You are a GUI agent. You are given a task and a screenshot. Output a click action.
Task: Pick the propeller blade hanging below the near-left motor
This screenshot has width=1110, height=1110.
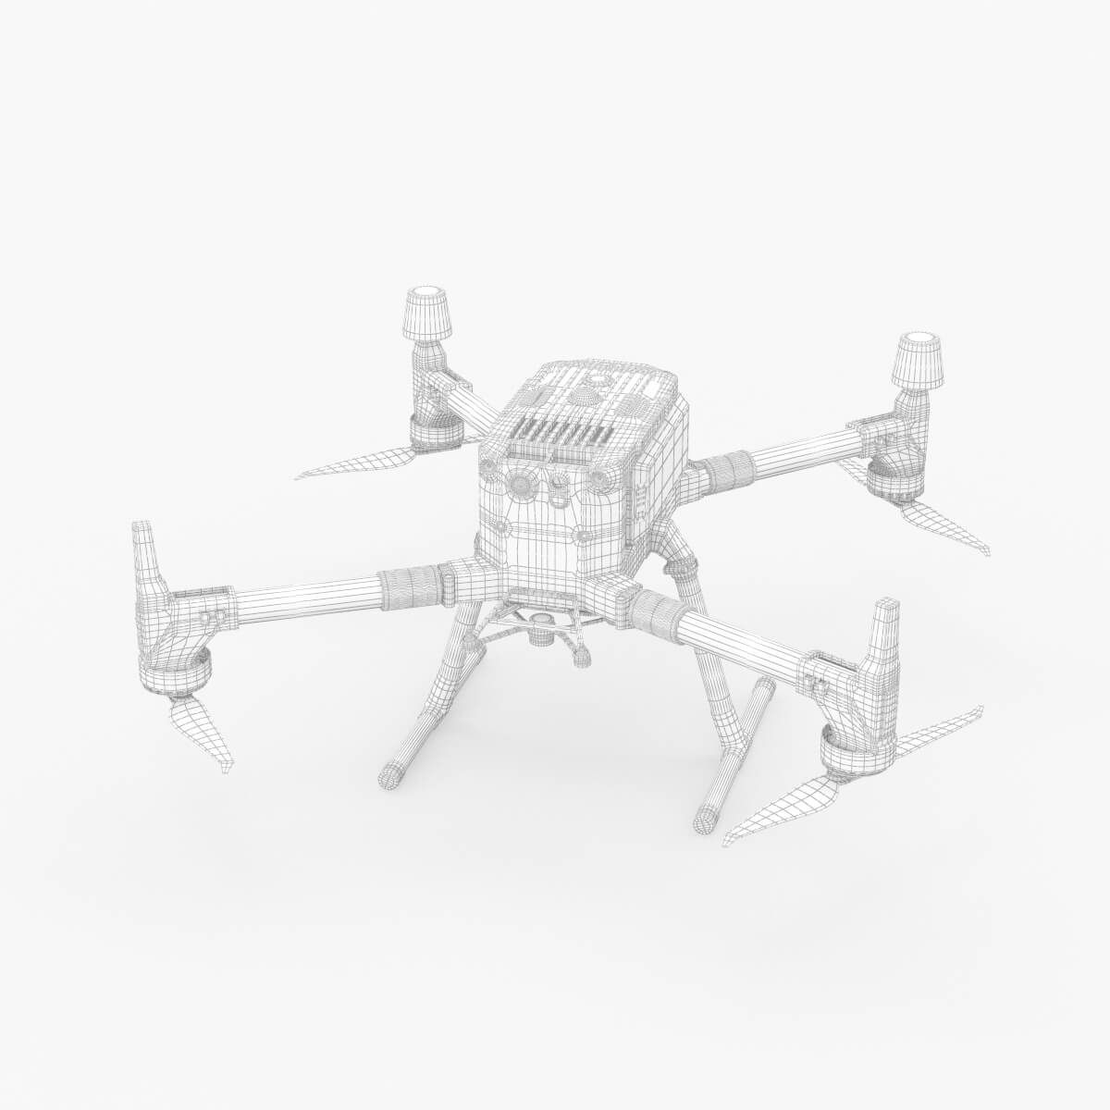pos(202,731)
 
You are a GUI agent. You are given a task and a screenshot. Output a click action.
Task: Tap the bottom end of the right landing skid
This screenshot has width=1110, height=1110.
pos(709,818)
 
